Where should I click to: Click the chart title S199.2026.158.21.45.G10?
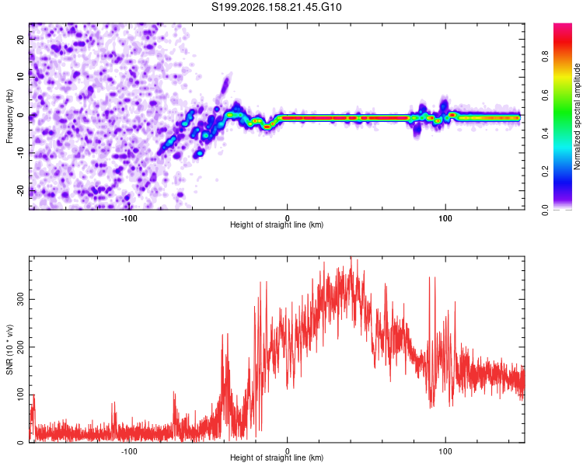point(276,7)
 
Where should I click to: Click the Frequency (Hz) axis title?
point(9,116)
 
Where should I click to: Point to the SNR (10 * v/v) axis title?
point(9,349)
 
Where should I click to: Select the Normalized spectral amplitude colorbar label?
point(577,116)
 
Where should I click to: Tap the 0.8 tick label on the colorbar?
point(546,57)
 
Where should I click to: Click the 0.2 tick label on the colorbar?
point(546,172)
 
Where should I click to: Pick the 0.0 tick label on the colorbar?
point(546,210)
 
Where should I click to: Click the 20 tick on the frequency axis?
point(20,39)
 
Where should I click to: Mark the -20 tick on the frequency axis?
point(20,190)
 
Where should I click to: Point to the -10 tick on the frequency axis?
point(20,153)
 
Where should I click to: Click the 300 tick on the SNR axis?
point(20,299)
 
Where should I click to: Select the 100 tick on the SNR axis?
point(20,395)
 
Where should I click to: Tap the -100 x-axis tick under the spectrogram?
point(128,218)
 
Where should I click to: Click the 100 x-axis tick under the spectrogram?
point(445,218)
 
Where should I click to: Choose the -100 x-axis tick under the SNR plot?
point(128,451)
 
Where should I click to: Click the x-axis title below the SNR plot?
point(277,457)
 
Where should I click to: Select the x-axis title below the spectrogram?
point(277,224)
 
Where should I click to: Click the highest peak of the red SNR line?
point(351,257)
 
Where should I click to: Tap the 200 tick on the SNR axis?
point(20,347)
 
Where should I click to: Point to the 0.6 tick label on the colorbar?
point(546,95)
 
